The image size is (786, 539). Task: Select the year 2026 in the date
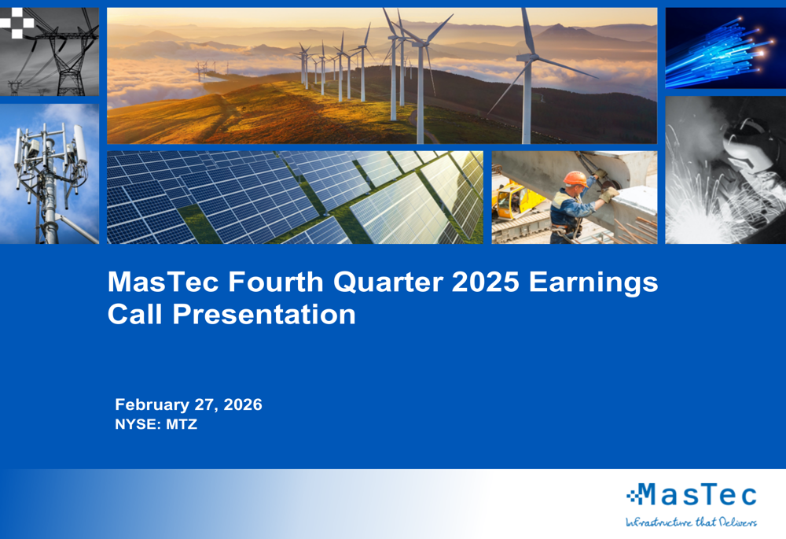[x=241, y=405]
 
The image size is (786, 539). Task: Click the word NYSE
[x=134, y=425]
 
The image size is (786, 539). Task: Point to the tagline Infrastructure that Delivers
[x=691, y=522]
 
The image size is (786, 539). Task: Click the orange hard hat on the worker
[x=575, y=178]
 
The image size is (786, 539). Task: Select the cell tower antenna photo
[x=50, y=173]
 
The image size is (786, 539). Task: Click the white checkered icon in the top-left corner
[x=17, y=24]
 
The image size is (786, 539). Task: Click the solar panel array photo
[x=295, y=197]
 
